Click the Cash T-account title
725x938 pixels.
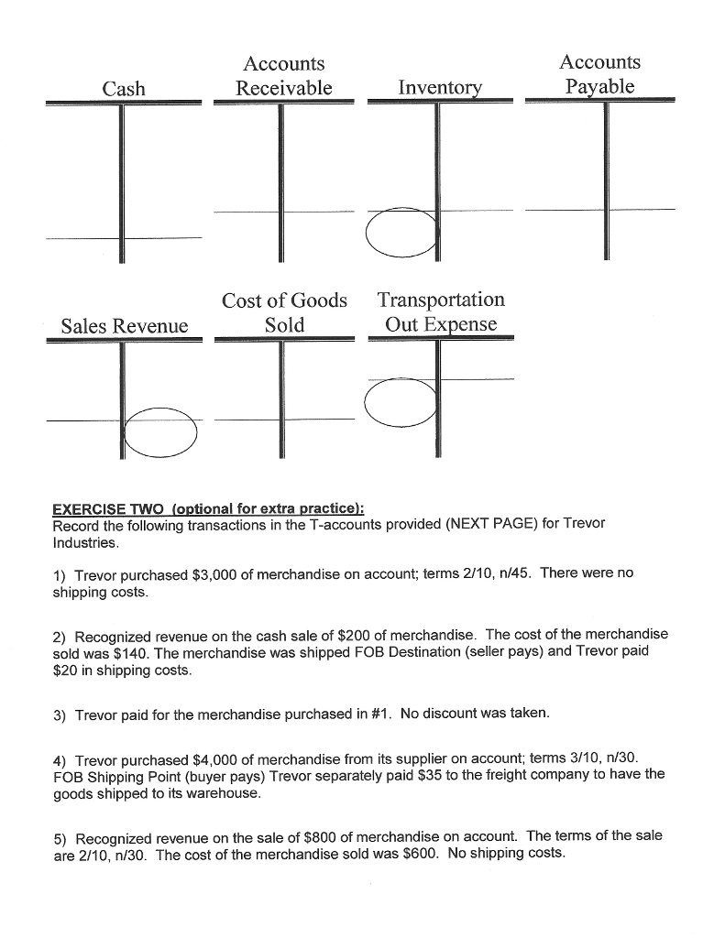pos(124,88)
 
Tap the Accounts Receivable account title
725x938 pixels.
pos(283,75)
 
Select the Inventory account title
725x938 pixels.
pos(440,88)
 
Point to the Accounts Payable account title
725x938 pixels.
pos(599,74)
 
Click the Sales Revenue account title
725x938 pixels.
pos(124,326)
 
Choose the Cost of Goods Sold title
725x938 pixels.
pos(284,312)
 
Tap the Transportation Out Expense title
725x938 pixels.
pos(440,312)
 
